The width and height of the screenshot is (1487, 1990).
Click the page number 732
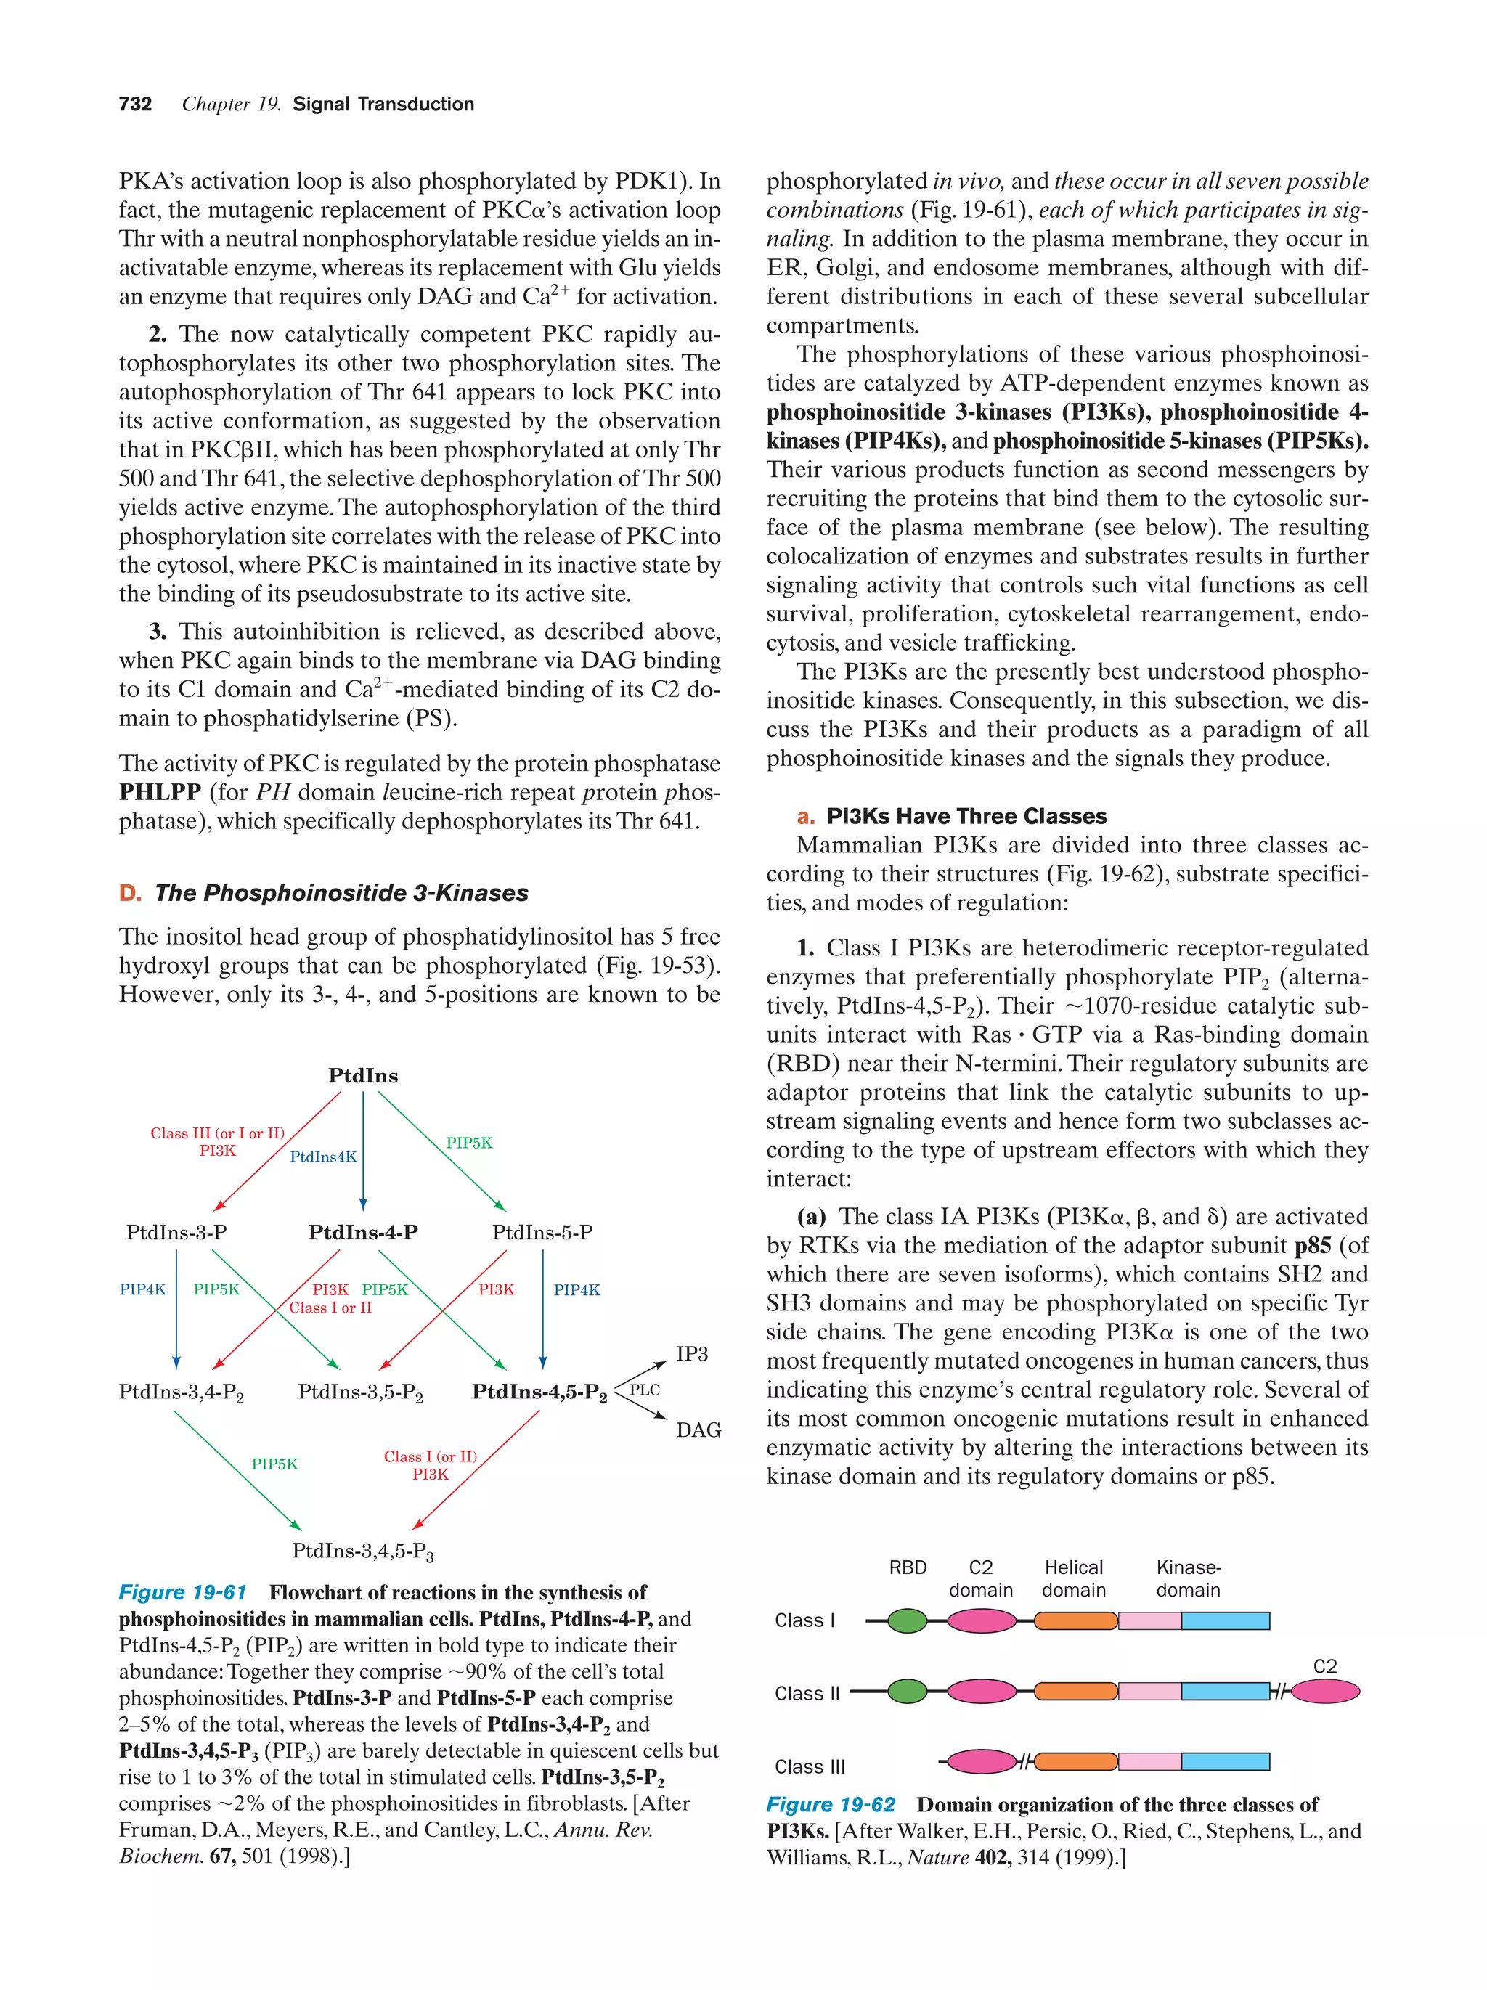(x=135, y=105)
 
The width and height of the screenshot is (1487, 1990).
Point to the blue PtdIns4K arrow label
(x=323, y=1157)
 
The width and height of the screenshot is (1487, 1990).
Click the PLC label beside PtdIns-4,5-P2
(x=644, y=1390)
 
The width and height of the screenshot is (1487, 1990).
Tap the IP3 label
(x=692, y=1354)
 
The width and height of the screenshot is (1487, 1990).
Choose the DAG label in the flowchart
(x=698, y=1430)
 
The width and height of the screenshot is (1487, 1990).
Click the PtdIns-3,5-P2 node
(x=360, y=1392)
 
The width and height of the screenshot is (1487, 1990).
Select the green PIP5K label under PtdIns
(x=468, y=1143)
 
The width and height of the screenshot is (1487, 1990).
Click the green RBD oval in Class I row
(x=907, y=1621)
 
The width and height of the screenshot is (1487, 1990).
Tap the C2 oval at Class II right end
(x=1325, y=1692)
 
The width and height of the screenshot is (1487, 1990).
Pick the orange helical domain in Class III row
(x=1076, y=1761)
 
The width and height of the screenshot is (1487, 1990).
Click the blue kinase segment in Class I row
(x=1224, y=1621)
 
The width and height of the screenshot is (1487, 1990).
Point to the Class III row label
(x=810, y=1767)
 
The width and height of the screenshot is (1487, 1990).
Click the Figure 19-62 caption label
(x=831, y=1805)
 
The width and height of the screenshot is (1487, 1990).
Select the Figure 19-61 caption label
(x=183, y=1592)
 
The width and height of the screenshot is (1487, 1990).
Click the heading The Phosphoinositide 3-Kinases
(x=341, y=893)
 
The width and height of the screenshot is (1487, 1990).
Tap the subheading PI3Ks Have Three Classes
(x=966, y=816)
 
